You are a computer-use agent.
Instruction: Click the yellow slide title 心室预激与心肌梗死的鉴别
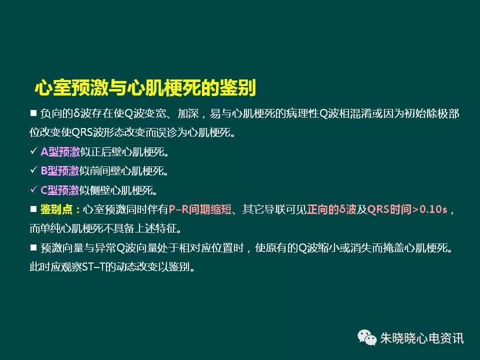tap(145, 88)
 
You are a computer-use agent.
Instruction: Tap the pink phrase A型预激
tap(60, 151)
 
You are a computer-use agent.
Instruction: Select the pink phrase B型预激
tap(60, 171)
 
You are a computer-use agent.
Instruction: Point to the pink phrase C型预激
tap(60, 190)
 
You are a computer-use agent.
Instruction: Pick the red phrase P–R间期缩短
tap(200, 209)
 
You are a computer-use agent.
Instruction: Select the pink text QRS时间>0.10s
tap(407, 209)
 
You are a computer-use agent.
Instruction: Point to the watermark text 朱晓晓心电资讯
tap(422, 338)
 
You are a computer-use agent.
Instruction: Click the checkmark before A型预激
tap(33, 151)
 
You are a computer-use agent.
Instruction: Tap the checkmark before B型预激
tap(33, 170)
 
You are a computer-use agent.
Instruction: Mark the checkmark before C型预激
tap(33, 189)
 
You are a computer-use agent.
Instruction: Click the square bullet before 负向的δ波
tap(33, 113)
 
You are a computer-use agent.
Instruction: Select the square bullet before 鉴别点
tap(33, 209)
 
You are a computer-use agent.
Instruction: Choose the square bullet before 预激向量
tap(33, 247)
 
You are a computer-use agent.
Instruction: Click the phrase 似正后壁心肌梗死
tap(123, 151)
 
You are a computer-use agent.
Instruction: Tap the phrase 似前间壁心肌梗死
tap(123, 171)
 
